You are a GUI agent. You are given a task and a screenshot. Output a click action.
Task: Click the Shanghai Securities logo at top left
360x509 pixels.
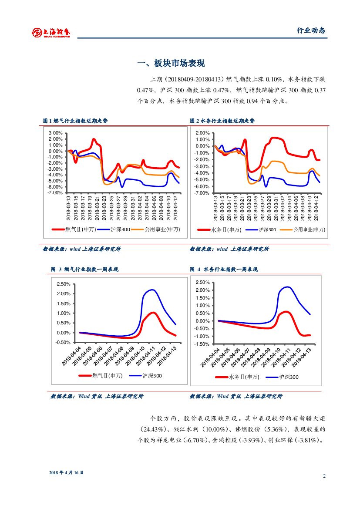click(x=51, y=32)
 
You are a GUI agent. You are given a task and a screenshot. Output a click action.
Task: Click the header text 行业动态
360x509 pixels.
click(x=311, y=30)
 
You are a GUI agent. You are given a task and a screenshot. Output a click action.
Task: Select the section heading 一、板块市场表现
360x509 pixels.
click(x=171, y=64)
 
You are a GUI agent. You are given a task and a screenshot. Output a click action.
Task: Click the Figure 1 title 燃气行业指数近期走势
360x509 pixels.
click(x=75, y=121)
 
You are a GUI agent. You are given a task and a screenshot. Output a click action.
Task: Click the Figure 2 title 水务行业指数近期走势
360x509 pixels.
click(x=222, y=121)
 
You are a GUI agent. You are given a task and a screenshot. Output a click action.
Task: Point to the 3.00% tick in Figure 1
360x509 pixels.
click(x=56, y=133)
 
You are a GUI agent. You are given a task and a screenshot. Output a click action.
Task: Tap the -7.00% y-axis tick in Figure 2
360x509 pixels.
click(x=203, y=193)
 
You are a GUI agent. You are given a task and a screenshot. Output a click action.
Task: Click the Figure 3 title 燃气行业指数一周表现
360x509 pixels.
click(x=85, y=269)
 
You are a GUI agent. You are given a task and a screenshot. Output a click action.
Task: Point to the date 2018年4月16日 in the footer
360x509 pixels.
click(x=66, y=472)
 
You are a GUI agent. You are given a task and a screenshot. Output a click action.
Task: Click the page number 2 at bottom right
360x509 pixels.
click(x=324, y=475)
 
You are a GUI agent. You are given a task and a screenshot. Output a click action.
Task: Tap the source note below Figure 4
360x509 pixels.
click(x=236, y=396)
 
